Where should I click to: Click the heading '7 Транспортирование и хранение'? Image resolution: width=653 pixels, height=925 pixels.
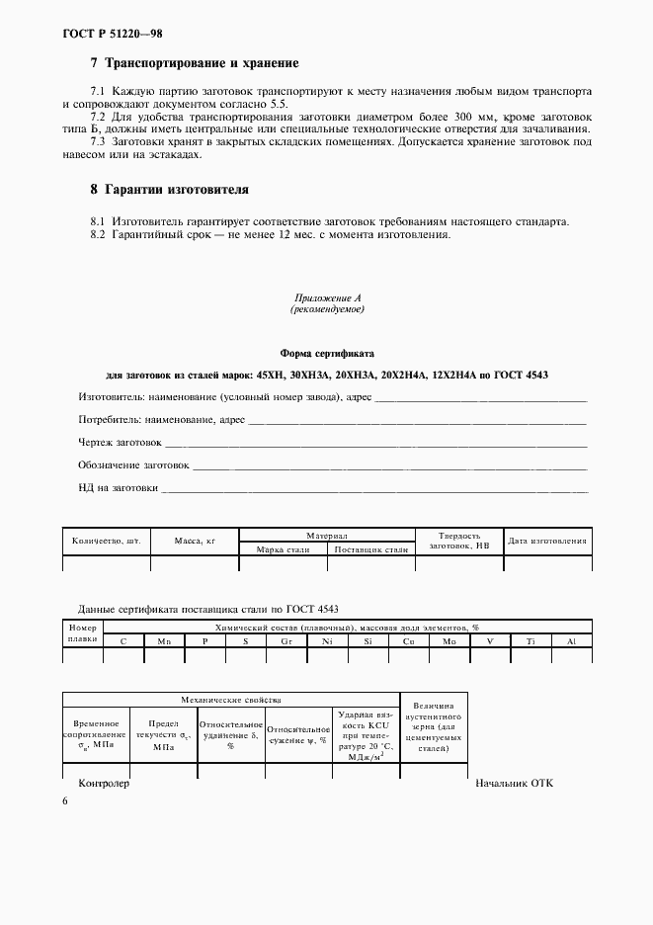[194, 63]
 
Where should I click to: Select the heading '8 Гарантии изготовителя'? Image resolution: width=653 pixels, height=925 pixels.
[169, 189]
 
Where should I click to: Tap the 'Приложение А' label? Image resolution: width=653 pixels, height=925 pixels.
[326, 297]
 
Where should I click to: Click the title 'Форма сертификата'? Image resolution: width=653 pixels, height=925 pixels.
[327, 353]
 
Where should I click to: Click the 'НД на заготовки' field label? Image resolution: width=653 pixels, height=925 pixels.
[118, 487]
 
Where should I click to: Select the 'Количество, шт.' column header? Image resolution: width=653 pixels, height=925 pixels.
[106, 541]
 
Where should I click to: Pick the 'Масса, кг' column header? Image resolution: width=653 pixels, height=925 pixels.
[194, 541]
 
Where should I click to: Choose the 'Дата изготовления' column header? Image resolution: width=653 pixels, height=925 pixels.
[547, 541]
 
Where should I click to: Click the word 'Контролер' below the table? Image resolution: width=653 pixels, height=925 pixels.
[104, 783]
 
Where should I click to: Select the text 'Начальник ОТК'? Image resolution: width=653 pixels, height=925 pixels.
[514, 783]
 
